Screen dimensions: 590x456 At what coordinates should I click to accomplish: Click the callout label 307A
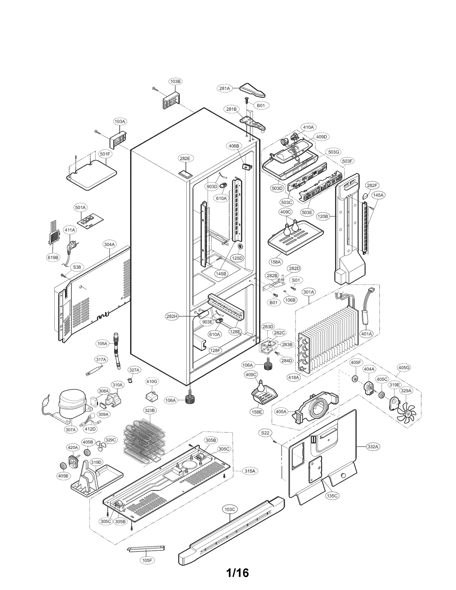pos(70,429)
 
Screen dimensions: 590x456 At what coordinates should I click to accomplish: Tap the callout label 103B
pos(175,81)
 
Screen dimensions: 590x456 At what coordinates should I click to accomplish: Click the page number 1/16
pos(237,565)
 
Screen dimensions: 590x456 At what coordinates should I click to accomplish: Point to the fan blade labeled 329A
pos(408,413)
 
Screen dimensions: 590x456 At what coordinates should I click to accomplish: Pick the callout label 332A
pos(372,447)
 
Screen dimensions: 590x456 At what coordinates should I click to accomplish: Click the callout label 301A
pos(309,292)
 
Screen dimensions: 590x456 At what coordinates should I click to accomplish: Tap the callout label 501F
pos(105,154)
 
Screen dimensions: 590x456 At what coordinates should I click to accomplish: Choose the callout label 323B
pos(149,411)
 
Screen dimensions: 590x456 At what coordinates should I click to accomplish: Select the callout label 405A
pos(281,412)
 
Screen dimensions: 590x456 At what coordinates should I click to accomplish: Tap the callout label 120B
pos(323,217)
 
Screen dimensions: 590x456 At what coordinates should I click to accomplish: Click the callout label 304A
pos(109,244)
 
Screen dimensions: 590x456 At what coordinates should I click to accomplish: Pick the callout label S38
pos(77,267)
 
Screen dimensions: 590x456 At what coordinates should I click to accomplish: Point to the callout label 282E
pos(185,158)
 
